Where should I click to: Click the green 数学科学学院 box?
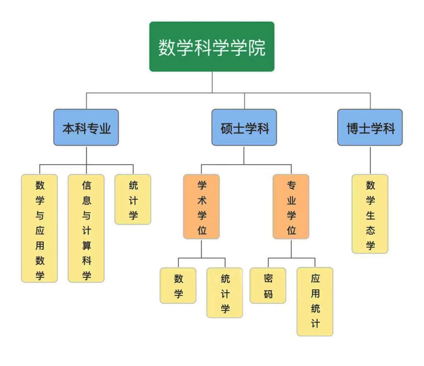(212, 47)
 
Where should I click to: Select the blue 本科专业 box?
(86, 128)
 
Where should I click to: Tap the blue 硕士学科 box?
(244, 128)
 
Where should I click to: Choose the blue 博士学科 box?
(370, 128)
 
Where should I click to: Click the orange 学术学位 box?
(202, 206)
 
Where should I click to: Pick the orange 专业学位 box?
(291, 206)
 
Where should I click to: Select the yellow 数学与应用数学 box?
(40, 228)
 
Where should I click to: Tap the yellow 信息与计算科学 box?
(86, 228)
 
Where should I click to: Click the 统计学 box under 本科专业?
(133, 199)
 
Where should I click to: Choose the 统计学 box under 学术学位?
(225, 293)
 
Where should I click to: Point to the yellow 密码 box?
(268, 286)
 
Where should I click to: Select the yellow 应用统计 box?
(315, 301)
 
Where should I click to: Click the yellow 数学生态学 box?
(370, 214)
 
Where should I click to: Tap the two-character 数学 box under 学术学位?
(178, 286)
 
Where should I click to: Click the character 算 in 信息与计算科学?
(86, 245)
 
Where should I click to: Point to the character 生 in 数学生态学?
(370, 215)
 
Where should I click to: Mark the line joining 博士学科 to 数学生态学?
(370, 160)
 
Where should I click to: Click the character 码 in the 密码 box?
(268, 293)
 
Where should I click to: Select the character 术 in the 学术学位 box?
(202, 201)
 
